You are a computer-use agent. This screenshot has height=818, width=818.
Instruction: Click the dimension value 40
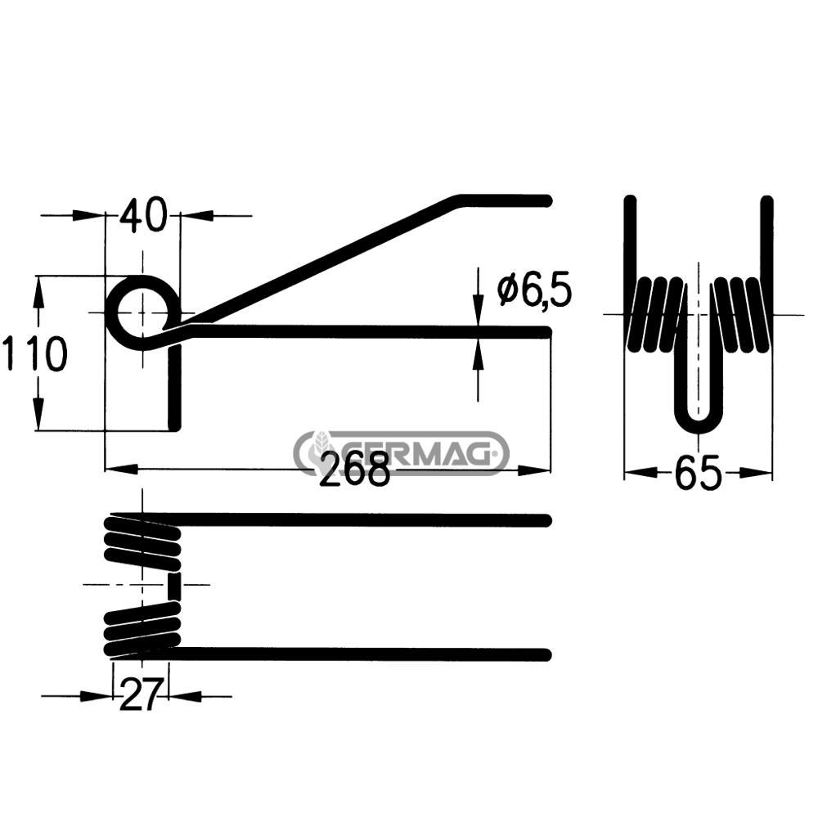(143, 216)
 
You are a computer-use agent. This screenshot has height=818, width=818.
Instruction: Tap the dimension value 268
(353, 470)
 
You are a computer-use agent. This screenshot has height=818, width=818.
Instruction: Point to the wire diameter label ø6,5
(533, 290)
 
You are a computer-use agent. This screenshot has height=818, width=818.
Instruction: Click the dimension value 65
(698, 473)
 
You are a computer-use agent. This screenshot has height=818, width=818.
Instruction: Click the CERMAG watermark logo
(401, 452)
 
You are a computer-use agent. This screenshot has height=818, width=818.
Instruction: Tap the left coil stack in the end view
(656, 314)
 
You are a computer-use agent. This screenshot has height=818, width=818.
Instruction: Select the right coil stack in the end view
(741, 314)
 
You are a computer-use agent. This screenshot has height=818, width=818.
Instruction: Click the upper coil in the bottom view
(142, 541)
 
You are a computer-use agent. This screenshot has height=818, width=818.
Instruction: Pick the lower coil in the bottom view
(142, 630)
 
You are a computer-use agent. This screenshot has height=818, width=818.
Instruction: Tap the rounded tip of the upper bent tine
(546, 200)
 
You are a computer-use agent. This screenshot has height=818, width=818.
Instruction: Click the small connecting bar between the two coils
(173, 586)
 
